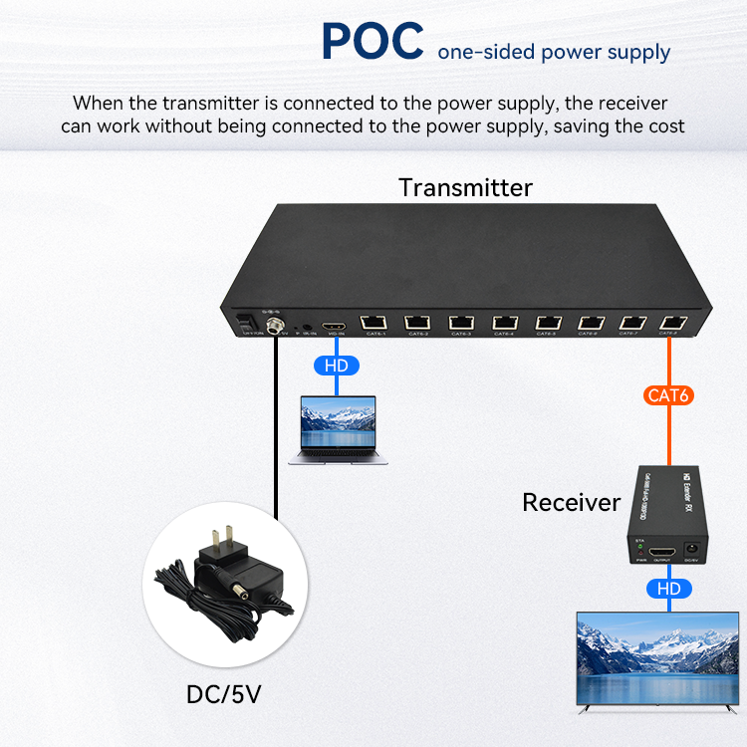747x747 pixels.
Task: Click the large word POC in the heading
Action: [373, 41]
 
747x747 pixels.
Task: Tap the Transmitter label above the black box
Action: [465, 187]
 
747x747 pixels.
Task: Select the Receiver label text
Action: [571, 503]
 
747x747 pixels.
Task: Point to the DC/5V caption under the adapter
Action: [230, 694]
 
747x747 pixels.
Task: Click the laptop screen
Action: [339, 427]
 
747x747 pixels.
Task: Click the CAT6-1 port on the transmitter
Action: [374, 322]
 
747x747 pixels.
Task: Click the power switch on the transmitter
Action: [245, 324]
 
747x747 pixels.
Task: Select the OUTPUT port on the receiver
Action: [662, 551]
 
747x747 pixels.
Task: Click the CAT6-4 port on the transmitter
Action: [504, 322]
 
